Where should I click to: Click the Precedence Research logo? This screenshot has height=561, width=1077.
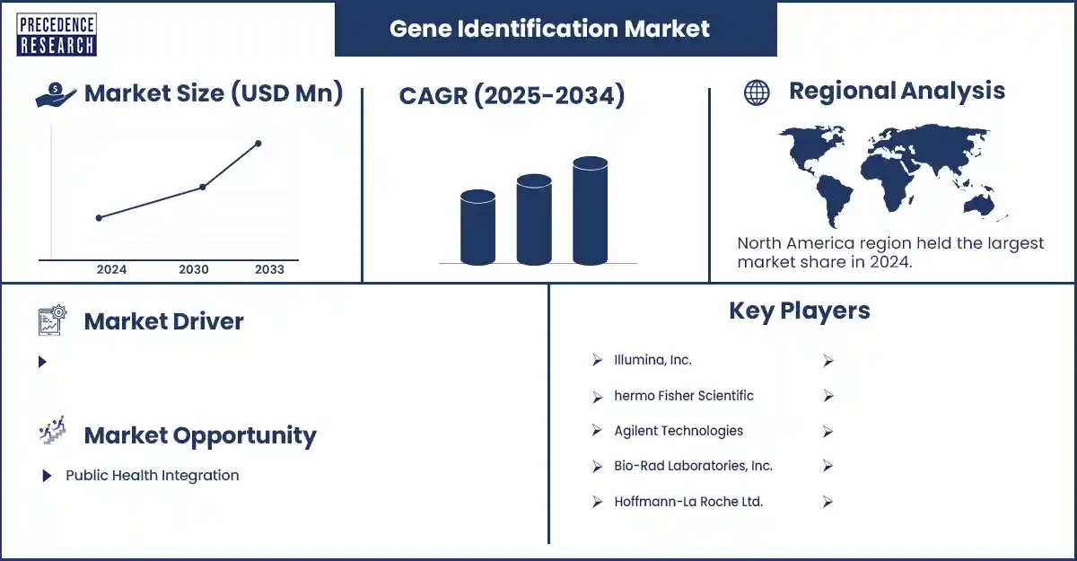click(57, 35)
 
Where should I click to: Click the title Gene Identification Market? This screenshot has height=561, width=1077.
click(549, 29)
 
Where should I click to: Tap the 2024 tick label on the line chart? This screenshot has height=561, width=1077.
click(111, 269)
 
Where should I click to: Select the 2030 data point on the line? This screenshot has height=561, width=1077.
click(203, 187)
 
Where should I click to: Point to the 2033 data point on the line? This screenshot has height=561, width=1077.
click(258, 144)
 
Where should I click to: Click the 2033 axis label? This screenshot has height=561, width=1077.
click(269, 269)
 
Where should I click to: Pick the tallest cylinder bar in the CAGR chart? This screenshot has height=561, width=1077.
click(590, 211)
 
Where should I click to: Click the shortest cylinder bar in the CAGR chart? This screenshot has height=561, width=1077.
click(477, 227)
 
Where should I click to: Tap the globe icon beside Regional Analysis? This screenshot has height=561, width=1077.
click(757, 92)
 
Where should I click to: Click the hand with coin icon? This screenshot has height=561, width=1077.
click(56, 94)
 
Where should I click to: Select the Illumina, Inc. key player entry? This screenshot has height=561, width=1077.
click(652, 360)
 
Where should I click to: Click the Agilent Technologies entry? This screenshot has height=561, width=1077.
click(679, 431)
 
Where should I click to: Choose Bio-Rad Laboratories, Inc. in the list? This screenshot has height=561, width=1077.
click(693, 466)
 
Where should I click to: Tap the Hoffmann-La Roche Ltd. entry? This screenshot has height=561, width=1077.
click(688, 502)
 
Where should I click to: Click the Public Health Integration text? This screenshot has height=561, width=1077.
click(153, 476)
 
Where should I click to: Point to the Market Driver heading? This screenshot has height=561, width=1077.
click(164, 321)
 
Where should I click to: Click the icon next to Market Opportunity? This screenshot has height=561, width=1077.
click(52, 430)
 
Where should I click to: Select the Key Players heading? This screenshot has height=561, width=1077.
click(800, 311)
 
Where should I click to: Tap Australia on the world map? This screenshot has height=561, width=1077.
click(978, 206)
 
